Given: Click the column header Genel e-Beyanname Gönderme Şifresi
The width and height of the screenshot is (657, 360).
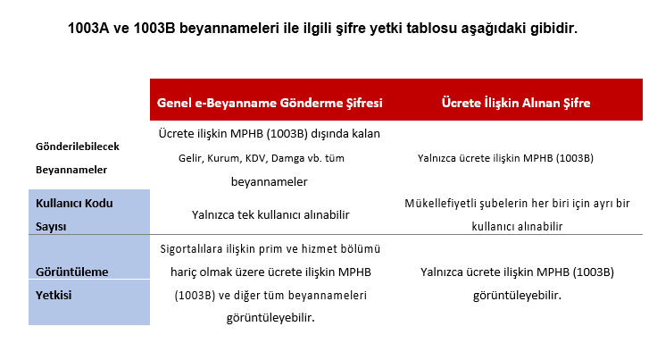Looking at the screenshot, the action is pyautogui.click(x=270, y=103).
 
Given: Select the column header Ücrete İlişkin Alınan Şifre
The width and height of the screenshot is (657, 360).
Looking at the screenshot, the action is pyautogui.click(x=516, y=103).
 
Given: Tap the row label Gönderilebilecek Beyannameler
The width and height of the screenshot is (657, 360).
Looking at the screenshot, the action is pyautogui.click(x=77, y=158).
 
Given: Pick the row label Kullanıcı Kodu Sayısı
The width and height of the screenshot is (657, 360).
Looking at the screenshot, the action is pyautogui.click(x=74, y=214).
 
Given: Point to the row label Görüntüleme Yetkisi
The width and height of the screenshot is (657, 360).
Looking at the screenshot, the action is pyautogui.click(x=71, y=283).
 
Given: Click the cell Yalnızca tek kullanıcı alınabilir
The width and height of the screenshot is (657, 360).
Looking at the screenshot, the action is pyautogui.click(x=270, y=214).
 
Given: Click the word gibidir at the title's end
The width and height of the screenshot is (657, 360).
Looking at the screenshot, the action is pyautogui.click(x=553, y=29).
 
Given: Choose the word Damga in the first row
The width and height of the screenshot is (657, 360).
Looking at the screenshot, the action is pyautogui.click(x=287, y=158).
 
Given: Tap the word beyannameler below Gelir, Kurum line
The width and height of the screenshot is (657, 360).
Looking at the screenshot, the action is pyautogui.click(x=270, y=182).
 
